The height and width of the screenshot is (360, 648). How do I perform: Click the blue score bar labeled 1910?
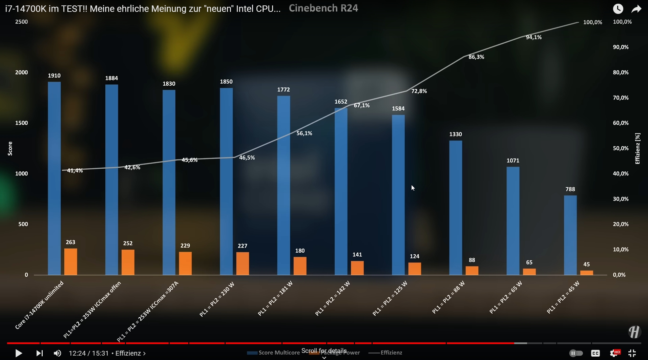54,178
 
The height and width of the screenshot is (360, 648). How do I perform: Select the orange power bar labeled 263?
70,261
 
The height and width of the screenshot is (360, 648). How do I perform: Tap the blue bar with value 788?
570,235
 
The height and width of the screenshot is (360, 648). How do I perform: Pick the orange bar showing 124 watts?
414,269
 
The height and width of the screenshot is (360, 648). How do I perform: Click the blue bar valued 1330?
456,208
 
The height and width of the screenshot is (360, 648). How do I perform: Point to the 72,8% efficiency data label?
419,91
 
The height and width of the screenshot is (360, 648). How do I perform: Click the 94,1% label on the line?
534,37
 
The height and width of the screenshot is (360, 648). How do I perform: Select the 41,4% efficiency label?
75,171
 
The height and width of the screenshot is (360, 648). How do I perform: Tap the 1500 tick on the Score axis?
21,123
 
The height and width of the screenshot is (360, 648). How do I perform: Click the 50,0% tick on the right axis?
621,148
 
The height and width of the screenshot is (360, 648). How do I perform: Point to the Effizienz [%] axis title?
637,148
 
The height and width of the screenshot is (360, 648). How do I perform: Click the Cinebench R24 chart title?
323,8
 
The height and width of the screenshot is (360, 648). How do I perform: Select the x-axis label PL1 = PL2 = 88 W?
448,297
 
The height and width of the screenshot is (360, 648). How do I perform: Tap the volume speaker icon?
57,353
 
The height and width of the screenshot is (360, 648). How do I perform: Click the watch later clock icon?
618,9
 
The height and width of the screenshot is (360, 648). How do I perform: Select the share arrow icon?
636,9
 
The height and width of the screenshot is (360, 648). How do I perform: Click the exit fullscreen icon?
632,353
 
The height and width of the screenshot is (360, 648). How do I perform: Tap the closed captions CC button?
595,353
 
